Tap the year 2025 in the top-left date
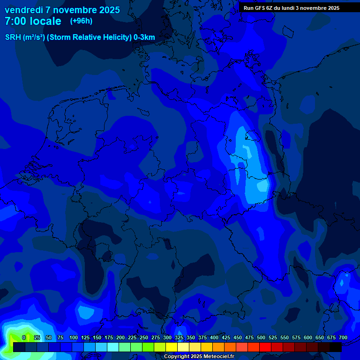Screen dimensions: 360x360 coord(109,10)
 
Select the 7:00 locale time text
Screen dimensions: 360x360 coord(33,21)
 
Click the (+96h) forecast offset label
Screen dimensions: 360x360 coord(81,21)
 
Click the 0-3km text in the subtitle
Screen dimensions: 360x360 coord(144,37)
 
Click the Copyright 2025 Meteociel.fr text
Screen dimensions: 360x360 coord(199,357)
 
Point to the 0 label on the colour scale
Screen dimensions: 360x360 coord(24,337)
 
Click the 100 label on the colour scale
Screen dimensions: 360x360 coord(74,337)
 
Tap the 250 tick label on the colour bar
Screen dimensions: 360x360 coord(144,337)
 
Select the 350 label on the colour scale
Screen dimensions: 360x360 coord(191,337)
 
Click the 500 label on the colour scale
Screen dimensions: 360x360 coord(261,337)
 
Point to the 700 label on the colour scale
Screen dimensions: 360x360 coord(343,337)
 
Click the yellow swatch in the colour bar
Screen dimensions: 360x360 coord(172,347)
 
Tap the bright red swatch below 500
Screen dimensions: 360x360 coord(265,347)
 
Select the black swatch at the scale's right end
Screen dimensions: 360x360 coord(336,347)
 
